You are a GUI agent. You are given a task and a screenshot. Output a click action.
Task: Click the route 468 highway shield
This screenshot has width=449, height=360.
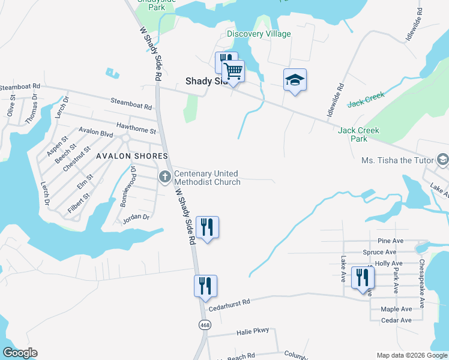(x=205, y=324)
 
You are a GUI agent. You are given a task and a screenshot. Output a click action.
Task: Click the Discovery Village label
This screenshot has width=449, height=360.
(x=259, y=34)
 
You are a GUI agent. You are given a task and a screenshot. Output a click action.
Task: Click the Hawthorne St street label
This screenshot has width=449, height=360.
(x=136, y=127)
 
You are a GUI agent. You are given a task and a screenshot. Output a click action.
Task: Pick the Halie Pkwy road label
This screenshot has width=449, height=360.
(x=253, y=331)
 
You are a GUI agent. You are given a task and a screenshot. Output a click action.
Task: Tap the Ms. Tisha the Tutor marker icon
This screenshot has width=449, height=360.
(x=443, y=160)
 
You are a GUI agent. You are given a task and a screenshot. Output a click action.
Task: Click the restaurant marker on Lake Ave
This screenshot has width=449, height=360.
(x=363, y=278)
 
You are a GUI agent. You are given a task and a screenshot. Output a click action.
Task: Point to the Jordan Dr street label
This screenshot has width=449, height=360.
(x=135, y=218)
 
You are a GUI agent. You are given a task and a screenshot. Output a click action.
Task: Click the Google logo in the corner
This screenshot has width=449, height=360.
(x=20, y=353)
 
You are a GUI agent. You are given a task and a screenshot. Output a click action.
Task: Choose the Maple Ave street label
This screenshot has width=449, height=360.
(x=396, y=309)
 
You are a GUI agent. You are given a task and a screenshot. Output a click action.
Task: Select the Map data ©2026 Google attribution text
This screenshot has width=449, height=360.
(x=411, y=355)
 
